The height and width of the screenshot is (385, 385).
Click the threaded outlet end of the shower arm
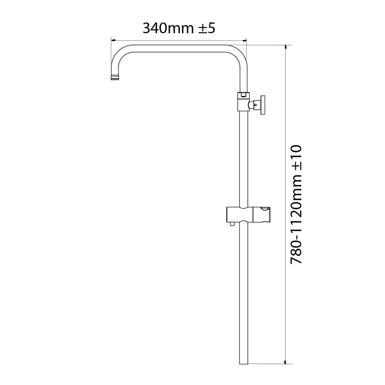(x=115, y=77)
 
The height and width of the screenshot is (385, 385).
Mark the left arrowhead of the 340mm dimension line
(x=113, y=40)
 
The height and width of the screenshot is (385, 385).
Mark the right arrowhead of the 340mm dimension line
(x=245, y=40)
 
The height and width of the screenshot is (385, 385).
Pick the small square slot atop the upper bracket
(x=244, y=94)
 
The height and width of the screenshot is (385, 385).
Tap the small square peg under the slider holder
(x=232, y=224)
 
